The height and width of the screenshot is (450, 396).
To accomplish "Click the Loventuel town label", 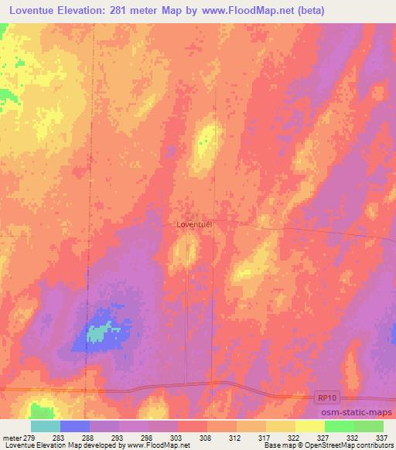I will click(x=194, y=224).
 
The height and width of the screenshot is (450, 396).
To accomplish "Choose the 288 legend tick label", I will click(x=90, y=437).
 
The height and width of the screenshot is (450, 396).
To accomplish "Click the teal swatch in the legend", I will click(x=46, y=426).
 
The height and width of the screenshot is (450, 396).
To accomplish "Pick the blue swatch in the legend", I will click(x=75, y=426).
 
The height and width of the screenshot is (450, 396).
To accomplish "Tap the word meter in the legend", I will click(x=12, y=437).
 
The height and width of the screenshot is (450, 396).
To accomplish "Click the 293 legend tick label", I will click(x=119, y=437).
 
